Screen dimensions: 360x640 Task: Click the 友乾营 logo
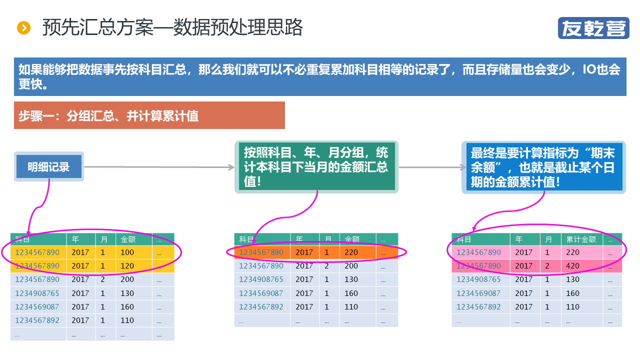(x=593, y=28)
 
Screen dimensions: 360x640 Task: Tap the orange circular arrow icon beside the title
(x=23, y=28)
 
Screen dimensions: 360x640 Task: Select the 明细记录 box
(x=48, y=167)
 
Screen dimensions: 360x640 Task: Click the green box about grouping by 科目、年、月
(x=316, y=167)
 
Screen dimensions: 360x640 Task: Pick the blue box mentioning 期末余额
(x=543, y=167)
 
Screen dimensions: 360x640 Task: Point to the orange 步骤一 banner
(x=149, y=115)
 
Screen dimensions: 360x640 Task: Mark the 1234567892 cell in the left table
(x=37, y=320)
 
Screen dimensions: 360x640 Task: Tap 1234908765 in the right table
(x=478, y=279)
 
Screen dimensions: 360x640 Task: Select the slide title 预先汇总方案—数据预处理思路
(x=172, y=28)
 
